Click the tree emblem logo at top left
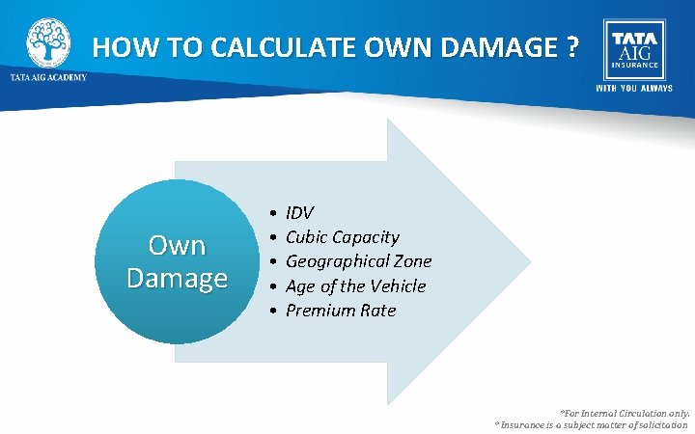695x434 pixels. (47, 41)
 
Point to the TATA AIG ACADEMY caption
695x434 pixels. (48, 78)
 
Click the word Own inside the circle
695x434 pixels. (177, 246)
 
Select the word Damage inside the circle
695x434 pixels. (177, 278)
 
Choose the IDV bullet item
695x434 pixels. (299, 212)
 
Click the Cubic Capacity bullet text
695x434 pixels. (342, 237)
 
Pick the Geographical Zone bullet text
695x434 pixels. (358, 261)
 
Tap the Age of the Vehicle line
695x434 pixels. (355, 286)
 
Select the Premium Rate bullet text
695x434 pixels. (341, 311)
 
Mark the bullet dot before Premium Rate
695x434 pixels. (274, 312)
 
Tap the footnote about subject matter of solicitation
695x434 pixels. (591, 424)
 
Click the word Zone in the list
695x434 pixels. (412, 261)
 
